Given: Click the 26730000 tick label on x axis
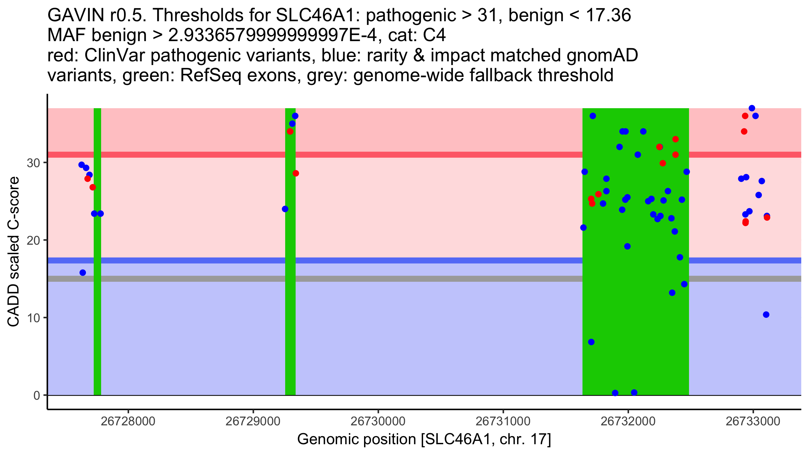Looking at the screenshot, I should tap(378, 421).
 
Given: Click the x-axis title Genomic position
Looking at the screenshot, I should tap(424, 439).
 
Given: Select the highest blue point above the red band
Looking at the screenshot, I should tap(752, 108).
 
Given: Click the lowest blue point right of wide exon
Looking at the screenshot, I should tap(766, 314).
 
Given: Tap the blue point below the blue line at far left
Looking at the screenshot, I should tap(83, 272).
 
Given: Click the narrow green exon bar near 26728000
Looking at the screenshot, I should tap(97, 303).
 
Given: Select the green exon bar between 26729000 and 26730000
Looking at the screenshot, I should tap(290, 303).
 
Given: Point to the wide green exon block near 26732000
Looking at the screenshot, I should tap(635, 303).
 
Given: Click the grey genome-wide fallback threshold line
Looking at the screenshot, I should tap(337, 279).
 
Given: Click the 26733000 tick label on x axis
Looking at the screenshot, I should tap(753, 421).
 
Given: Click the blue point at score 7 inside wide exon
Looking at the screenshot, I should tap(591, 342).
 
